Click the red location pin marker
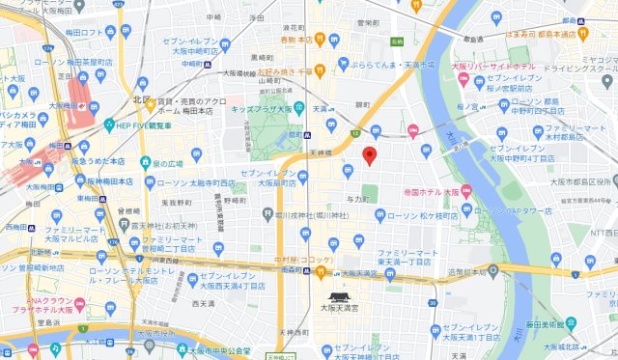click(x=369, y=156)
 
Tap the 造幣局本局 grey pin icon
click(x=492, y=272)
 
